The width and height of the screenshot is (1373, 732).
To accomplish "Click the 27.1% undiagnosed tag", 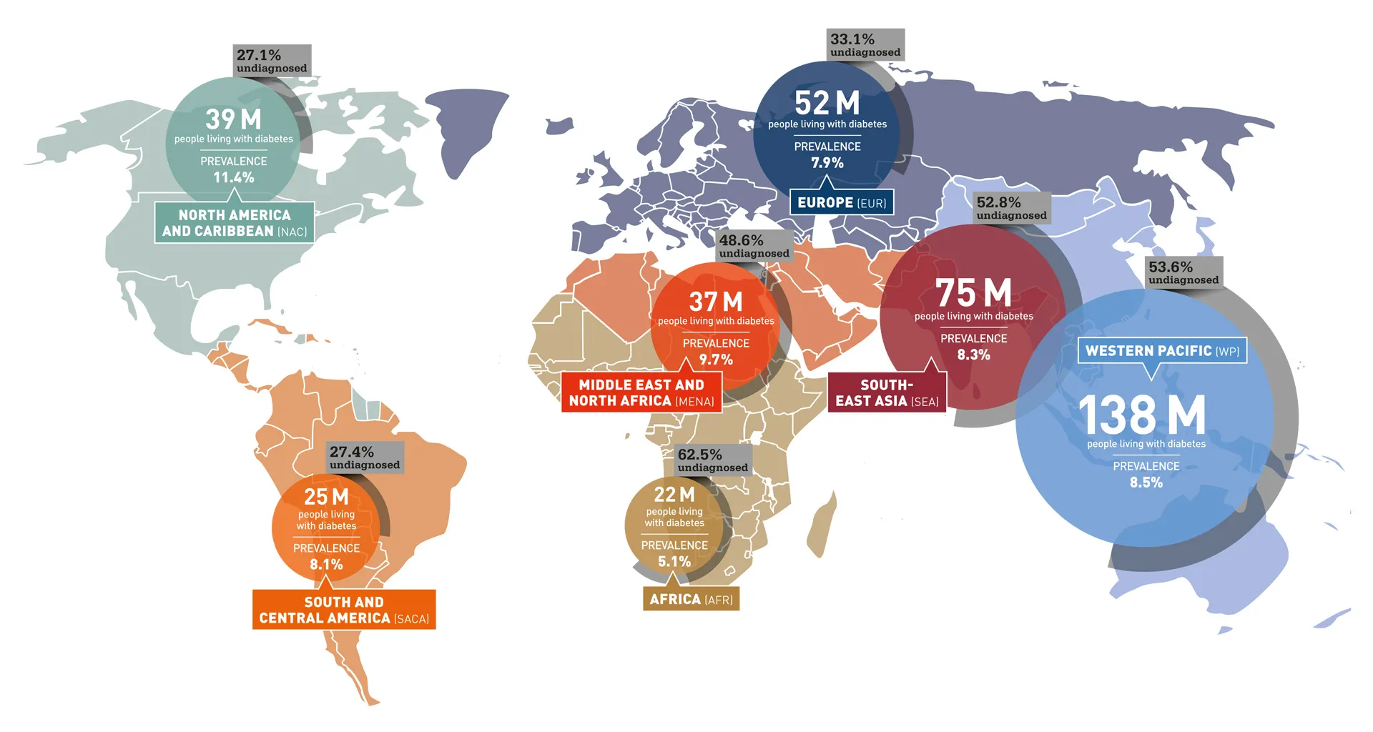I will point(272,61).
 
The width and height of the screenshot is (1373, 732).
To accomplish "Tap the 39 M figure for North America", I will point(233,119).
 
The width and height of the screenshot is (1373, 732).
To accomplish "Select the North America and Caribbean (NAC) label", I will point(235,223).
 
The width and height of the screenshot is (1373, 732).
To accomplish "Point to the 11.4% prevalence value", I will point(234,177).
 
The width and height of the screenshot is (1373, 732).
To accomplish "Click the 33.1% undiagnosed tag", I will point(865,45).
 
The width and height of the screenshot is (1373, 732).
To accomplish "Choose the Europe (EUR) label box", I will point(842,202).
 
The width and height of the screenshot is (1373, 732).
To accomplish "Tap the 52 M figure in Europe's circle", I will point(827,103).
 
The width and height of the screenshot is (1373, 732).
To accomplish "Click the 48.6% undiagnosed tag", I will point(754,246).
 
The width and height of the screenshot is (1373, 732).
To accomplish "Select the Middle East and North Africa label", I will point(641,392).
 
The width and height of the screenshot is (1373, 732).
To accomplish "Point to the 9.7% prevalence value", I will point(716,360).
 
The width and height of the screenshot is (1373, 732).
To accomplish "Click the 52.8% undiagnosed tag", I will point(1012,208).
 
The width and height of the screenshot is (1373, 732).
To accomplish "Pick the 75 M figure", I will point(973,293).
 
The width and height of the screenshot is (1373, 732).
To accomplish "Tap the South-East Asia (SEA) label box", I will point(887,393).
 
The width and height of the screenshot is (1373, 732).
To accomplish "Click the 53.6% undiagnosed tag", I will point(1183,272).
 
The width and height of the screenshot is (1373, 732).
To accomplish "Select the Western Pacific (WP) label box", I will point(1162,351).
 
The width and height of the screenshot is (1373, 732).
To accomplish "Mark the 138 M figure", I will point(1142,415).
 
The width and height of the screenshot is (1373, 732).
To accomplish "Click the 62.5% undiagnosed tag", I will point(713,460).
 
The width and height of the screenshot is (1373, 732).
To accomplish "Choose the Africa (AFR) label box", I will point(691,599).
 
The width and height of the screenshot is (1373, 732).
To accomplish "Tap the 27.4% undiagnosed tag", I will point(365,457).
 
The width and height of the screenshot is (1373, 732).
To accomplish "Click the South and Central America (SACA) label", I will point(344,610).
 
